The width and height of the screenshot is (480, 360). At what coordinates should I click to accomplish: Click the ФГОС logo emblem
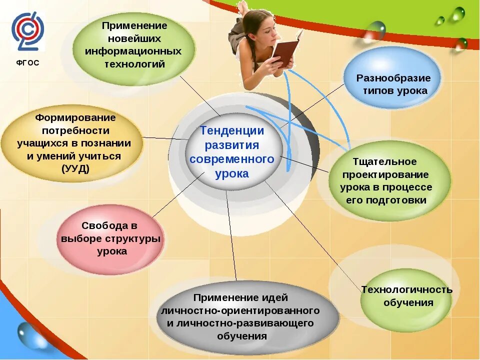tap(28, 30)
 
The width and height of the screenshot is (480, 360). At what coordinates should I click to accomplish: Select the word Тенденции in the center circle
tap(232, 131)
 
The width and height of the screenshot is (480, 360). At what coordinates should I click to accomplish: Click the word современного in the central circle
tap(232, 159)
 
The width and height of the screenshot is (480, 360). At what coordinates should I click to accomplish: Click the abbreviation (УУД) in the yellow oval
tap(75, 168)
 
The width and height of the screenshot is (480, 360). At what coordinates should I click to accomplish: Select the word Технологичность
tap(407, 289)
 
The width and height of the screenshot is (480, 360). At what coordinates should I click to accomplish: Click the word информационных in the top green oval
tap(133, 51)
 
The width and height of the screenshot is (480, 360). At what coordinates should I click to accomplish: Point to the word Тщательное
tap(384, 161)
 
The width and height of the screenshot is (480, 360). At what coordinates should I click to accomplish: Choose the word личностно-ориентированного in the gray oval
tap(240, 310)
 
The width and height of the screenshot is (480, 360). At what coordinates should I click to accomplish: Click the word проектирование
tap(385, 174)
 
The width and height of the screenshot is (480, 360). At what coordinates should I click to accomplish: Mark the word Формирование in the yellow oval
tap(75, 117)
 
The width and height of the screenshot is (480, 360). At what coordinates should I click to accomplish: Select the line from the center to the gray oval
tap(231, 235)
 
